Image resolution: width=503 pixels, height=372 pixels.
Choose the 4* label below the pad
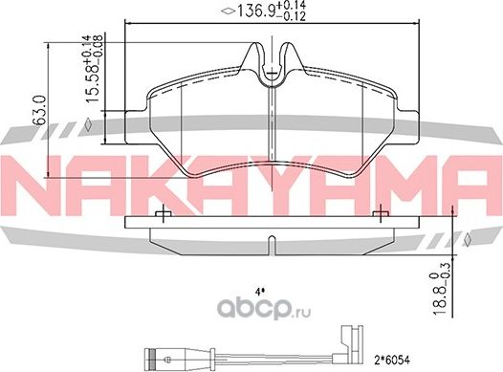(258, 292)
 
